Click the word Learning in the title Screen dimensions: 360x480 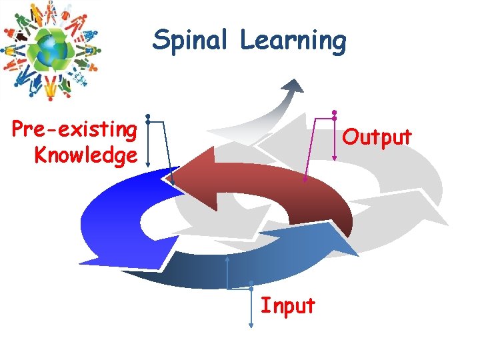tap(293, 41)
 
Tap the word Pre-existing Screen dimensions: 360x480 tap(75, 127)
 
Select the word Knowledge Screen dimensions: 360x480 tap(85, 155)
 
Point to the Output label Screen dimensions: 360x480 tap(377, 137)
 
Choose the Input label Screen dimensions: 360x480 tap(287, 306)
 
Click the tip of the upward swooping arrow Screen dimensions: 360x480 tap(294, 84)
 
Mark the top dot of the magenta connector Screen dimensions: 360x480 tap(334, 112)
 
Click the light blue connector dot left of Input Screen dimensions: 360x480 tap(251, 289)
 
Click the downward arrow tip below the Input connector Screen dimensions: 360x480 tap(251, 325)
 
